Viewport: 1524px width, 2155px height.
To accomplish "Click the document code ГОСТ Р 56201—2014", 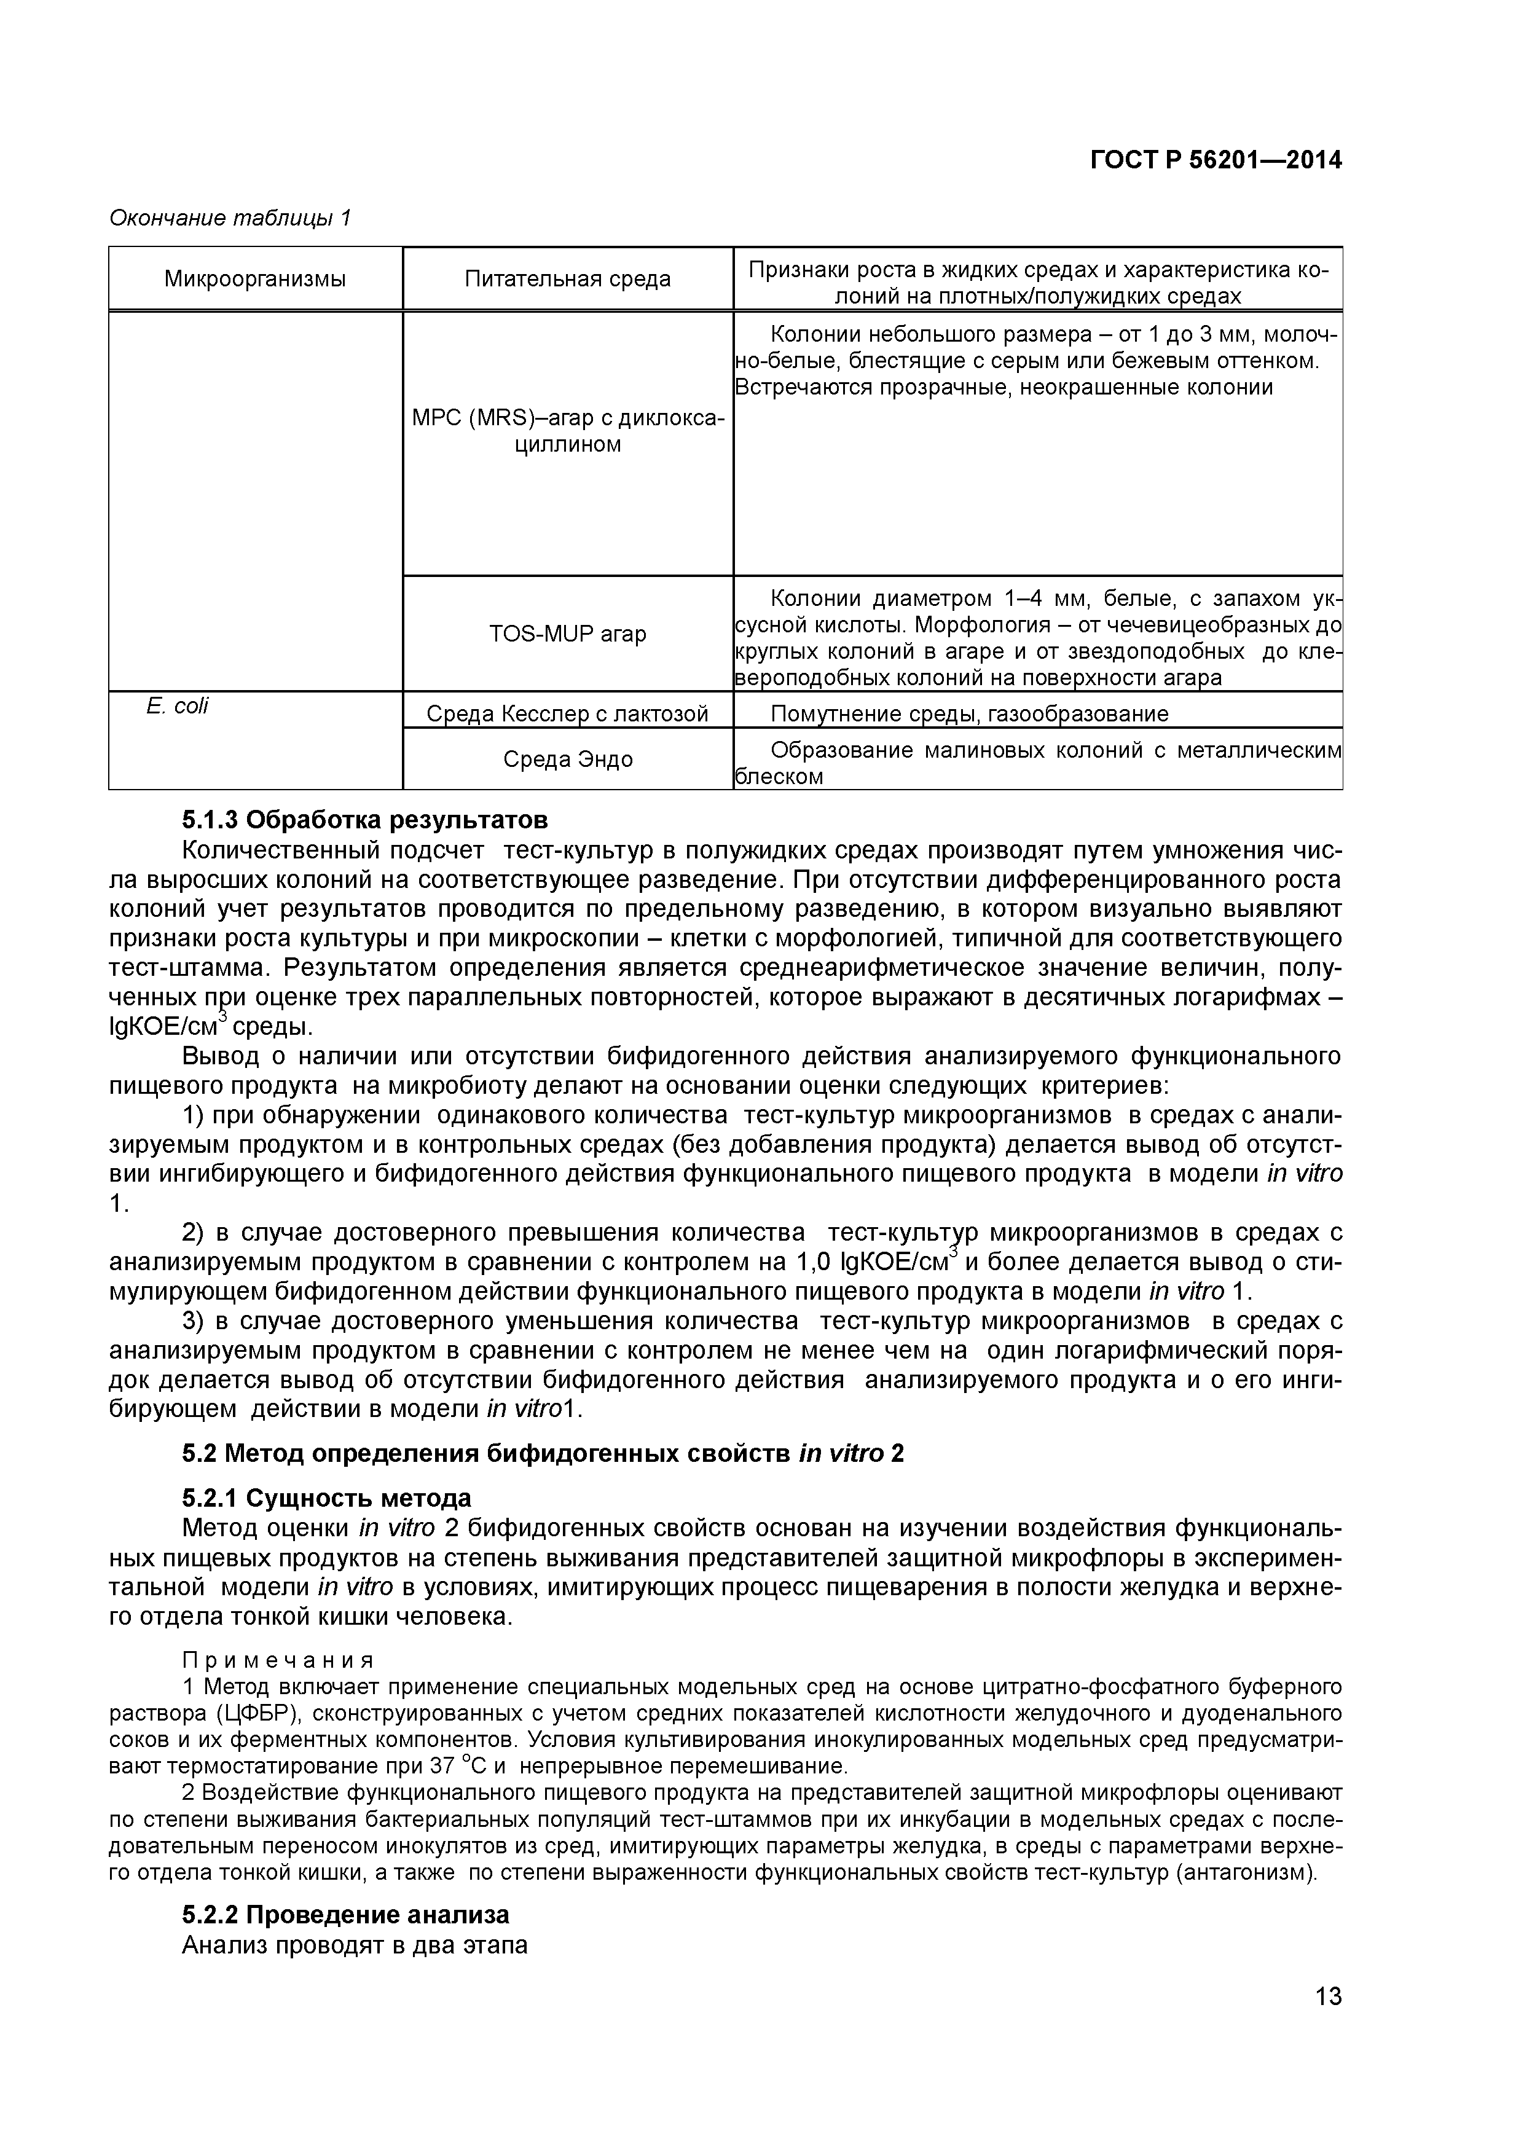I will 1216,160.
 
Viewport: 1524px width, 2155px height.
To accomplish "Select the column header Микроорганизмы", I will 254,279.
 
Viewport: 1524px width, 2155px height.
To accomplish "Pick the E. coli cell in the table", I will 178,707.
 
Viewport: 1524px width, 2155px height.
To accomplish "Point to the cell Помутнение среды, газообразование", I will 968,714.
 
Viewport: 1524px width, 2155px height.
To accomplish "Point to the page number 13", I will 1328,2022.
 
